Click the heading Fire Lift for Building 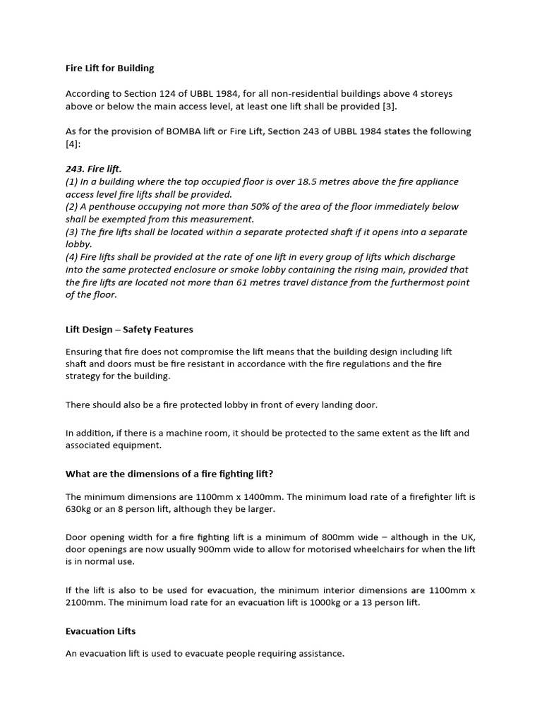point(109,68)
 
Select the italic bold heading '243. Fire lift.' point(94,169)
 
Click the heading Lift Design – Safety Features point(129,329)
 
